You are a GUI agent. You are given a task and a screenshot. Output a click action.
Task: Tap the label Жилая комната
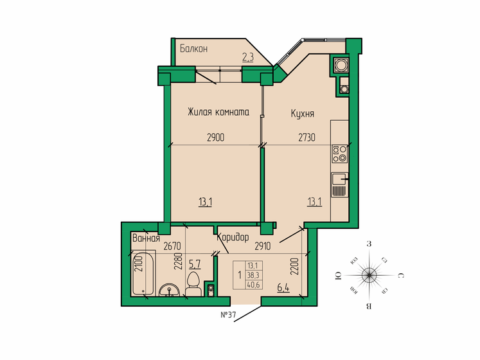tap(218, 113)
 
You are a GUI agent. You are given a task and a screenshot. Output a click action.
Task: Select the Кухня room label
tap(302, 113)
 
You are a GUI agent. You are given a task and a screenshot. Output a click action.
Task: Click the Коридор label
tap(233, 237)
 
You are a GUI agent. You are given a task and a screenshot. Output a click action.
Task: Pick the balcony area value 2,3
tap(248, 57)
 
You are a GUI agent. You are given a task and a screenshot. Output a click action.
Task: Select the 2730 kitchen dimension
tap(307, 138)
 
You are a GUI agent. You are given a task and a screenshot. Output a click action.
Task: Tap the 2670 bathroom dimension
tap(173, 246)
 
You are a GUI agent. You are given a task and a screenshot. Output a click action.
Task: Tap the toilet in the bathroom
tap(193, 284)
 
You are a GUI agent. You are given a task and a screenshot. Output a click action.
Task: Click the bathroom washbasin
tap(169, 290)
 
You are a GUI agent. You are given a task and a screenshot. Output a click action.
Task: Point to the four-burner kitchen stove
tap(339, 153)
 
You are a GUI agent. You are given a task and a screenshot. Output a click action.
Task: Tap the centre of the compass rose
tap(369, 274)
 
